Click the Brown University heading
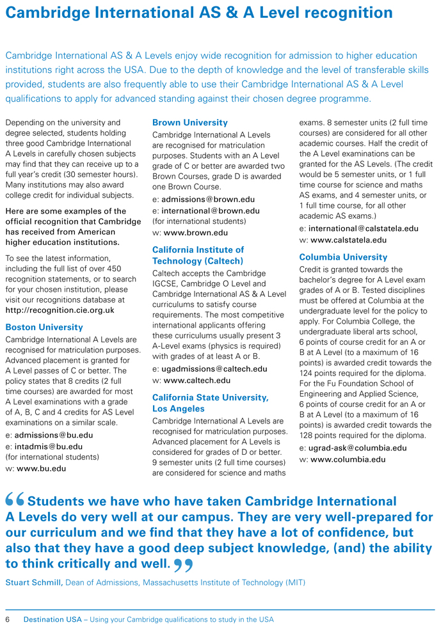point(189,122)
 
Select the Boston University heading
point(44,327)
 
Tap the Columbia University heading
point(343,257)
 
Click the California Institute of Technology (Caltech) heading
point(198,255)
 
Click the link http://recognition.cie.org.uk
point(60,310)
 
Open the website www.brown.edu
point(196,233)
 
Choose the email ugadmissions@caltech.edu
point(214,369)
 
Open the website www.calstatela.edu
point(348,240)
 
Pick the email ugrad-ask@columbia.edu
point(357,448)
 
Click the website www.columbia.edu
point(348,459)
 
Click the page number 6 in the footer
point(8,619)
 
